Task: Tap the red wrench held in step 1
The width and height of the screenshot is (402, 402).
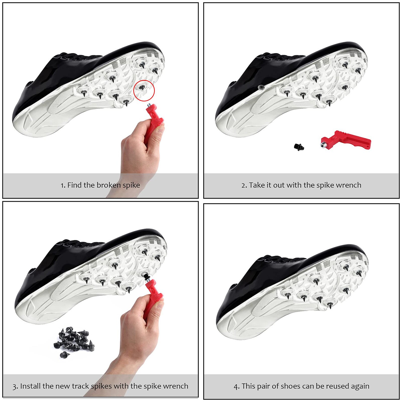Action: [154, 118]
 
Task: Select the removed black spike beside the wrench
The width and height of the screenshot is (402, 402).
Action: [299, 146]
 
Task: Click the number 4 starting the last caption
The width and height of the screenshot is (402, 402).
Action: [236, 386]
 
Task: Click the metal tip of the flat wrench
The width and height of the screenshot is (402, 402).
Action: [324, 145]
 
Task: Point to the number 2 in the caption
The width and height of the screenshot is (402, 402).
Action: [243, 185]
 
